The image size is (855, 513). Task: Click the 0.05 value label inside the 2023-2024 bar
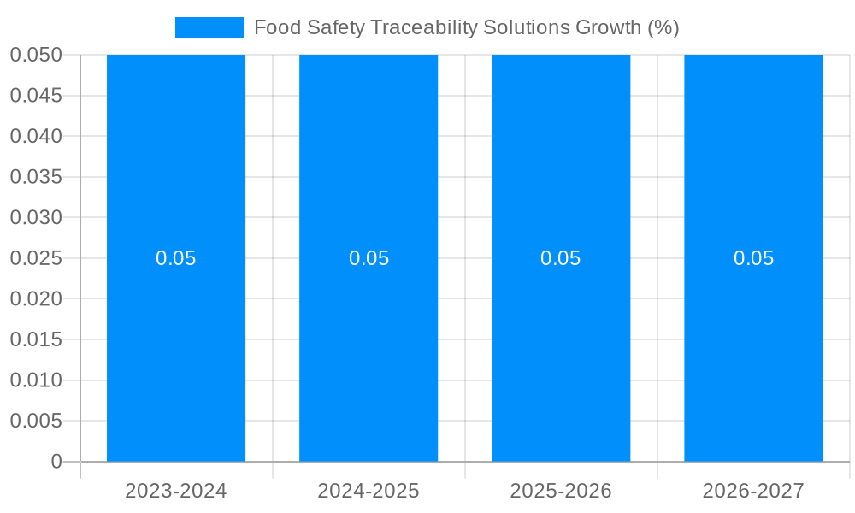(176, 258)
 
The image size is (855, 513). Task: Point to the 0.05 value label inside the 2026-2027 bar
(753, 258)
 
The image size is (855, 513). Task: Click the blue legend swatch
(209, 27)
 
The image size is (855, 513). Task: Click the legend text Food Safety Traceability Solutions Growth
(466, 27)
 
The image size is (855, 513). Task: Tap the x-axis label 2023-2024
(176, 491)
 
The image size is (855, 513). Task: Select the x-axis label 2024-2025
(369, 491)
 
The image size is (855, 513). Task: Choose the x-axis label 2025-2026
(561, 491)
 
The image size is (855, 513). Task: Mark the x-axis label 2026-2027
(753, 491)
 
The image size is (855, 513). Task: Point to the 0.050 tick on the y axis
(36, 55)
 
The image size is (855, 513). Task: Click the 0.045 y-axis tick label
(36, 96)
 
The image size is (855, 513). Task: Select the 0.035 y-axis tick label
(36, 177)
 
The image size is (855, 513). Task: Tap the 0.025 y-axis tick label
(36, 258)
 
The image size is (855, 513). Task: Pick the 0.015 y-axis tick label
(36, 339)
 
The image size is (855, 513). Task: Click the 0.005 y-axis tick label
(36, 421)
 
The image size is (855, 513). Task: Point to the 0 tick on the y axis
(56, 462)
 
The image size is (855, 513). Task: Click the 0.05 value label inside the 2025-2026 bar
(561, 258)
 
